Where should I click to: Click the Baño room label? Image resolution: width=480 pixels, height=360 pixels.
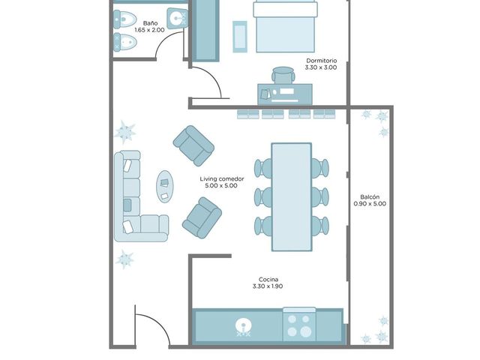[150, 23]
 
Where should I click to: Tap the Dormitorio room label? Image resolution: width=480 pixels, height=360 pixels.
[322, 61]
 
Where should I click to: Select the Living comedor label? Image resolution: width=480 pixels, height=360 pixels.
[222, 178]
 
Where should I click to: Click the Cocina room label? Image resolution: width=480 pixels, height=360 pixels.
[268, 280]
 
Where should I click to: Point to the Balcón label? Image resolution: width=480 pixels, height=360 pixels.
[370, 196]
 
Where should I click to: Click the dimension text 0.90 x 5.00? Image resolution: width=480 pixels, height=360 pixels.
[370, 203]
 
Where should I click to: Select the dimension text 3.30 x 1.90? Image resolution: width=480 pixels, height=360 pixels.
[268, 286]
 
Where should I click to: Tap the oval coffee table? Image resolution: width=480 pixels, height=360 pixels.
[165, 187]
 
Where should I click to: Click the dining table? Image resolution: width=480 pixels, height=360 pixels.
[292, 196]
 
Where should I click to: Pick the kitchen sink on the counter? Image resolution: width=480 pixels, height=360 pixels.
[243, 326]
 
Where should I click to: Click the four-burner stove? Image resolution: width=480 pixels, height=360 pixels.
[299, 325]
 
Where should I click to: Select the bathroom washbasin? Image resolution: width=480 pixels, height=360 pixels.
[177, 18]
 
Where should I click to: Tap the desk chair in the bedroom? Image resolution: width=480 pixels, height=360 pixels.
[283, 75]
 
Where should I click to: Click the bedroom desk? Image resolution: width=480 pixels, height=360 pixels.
[285, 94]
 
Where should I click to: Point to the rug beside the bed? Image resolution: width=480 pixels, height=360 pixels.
[240, 37]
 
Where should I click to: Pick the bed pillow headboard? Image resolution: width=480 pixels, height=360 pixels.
[285, 9]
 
